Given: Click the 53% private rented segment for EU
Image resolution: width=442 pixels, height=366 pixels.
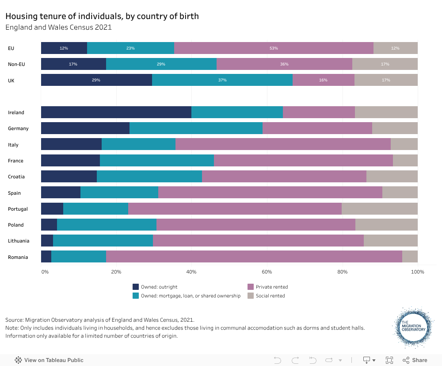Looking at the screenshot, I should pos(274,48).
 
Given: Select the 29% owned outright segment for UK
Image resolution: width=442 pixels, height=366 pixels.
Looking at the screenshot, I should pos(96,80).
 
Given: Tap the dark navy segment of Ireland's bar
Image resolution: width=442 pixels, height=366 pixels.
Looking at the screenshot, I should pos(116,112).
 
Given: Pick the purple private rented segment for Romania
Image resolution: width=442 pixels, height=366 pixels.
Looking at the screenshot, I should pos(254,257).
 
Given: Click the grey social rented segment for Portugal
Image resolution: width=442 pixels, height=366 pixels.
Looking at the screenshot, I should pos(379,209).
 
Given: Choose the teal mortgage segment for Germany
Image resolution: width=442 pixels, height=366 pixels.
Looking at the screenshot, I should pos(196,128).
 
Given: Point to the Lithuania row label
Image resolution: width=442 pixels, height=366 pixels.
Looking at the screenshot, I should pos(19,241).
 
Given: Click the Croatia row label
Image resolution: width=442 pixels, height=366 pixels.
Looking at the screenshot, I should pos(16,177).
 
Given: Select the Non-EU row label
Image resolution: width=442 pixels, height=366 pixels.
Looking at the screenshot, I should pos(16,64).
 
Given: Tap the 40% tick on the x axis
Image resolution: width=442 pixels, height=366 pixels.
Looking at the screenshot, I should pos(191,271).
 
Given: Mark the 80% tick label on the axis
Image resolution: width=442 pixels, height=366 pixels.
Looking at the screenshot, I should pos(342,271).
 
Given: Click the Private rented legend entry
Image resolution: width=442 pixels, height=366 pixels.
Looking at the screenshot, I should pos(271,287).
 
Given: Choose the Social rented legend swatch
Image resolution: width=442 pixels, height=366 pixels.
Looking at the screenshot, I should pos(251,296).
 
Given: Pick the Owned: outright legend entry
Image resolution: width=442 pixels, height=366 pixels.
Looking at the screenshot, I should pos(157,287).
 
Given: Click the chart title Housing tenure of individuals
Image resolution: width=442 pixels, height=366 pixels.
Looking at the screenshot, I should pos(102,16).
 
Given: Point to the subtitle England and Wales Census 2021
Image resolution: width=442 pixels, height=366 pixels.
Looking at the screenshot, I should pos(58,27).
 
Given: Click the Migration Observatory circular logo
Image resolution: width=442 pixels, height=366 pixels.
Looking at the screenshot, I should pos(413,327).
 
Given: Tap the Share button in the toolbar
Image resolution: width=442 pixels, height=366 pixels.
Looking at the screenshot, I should pos(415,360).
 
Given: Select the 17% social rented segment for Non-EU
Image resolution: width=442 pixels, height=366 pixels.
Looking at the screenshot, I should pos(385,64).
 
